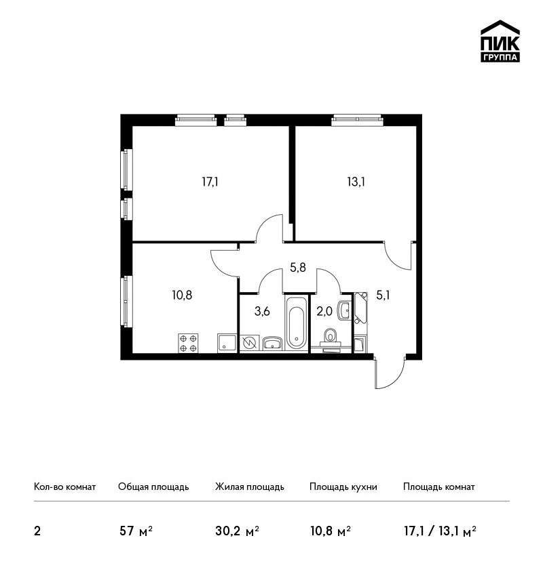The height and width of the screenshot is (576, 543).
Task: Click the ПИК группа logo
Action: [x=500, y=41]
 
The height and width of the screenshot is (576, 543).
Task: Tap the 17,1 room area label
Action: [x=210, y=182]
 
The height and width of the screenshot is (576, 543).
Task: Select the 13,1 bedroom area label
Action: [x=356, y=182]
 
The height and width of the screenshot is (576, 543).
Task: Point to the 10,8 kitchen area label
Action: [x=182, y=295]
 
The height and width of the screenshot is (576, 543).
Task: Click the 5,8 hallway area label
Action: [x=297, y=268]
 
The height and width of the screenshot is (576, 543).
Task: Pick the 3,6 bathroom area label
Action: [x=262, y=311]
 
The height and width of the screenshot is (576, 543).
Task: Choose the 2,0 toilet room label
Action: [x=324, y=311]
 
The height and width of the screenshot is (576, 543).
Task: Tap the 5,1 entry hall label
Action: [x=383, y=295]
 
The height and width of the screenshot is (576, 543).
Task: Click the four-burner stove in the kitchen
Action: [x=189, y=343]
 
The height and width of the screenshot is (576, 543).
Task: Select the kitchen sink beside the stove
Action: [x=227, y=343]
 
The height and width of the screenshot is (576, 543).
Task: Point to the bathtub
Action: [x=296, y=323]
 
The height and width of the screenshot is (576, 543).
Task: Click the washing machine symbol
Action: [x=250, y=344]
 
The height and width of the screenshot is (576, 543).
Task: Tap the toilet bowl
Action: [x=331, y=335]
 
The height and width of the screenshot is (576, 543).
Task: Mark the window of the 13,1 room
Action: [x=357, y=120]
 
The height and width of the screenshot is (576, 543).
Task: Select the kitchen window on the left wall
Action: [x=126, y=301]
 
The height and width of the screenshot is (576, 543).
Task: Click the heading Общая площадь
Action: [x=153, y=487]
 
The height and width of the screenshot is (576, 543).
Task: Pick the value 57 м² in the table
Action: [x=136, y=531]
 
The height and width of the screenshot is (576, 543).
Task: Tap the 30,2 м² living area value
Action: [x=237, y=531]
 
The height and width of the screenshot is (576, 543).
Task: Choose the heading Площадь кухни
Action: [x=343, y=487]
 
